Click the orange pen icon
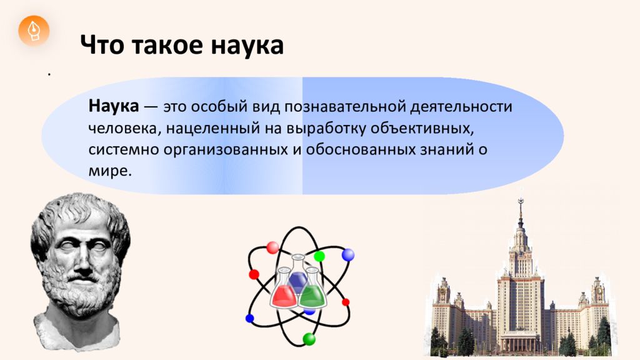point(34,31)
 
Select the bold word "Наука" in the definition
point(114,106)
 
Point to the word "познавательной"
point(345,107)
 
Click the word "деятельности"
point(461,107)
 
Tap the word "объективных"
point(422,128)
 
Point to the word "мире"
point(110,170)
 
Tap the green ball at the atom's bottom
point(309,339)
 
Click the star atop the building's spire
point(521,201)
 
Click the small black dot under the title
point(49,74)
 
